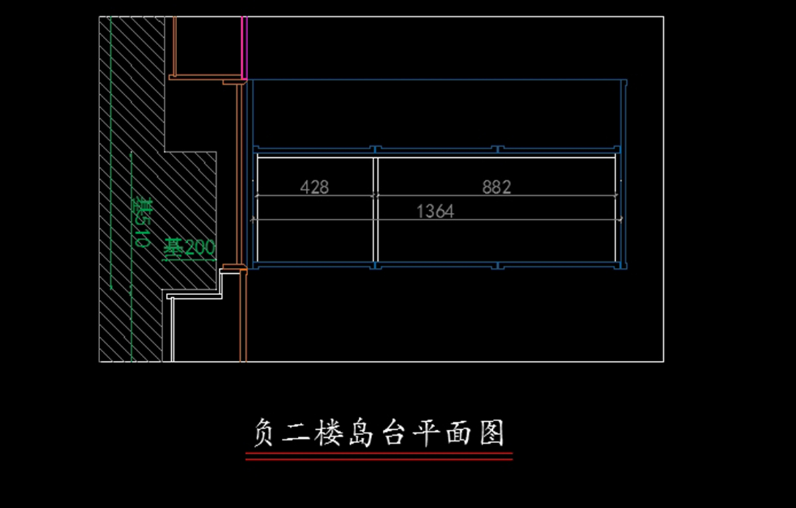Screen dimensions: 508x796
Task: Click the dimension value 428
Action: pyautogui.click(x=314, y=188)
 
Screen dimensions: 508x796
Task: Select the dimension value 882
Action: pyautogui.click(x=497, y=188)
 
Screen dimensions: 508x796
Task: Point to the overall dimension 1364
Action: pyautogui.click(x=435, y=212)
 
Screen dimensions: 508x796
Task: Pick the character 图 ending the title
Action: pyautogui.click(x=492, y=434)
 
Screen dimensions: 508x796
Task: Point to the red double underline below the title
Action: pyautogui.click(x=379, y=456)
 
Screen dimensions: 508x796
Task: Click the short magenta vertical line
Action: pyautogui.click(x=243, y=46)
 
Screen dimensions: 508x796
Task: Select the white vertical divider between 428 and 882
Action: pyautogui.click(x=375, y=209)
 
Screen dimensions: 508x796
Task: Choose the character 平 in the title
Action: pyautogui.click(x=428, y=434)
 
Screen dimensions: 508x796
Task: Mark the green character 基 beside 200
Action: pyautogui.click(x=173, y=247)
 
